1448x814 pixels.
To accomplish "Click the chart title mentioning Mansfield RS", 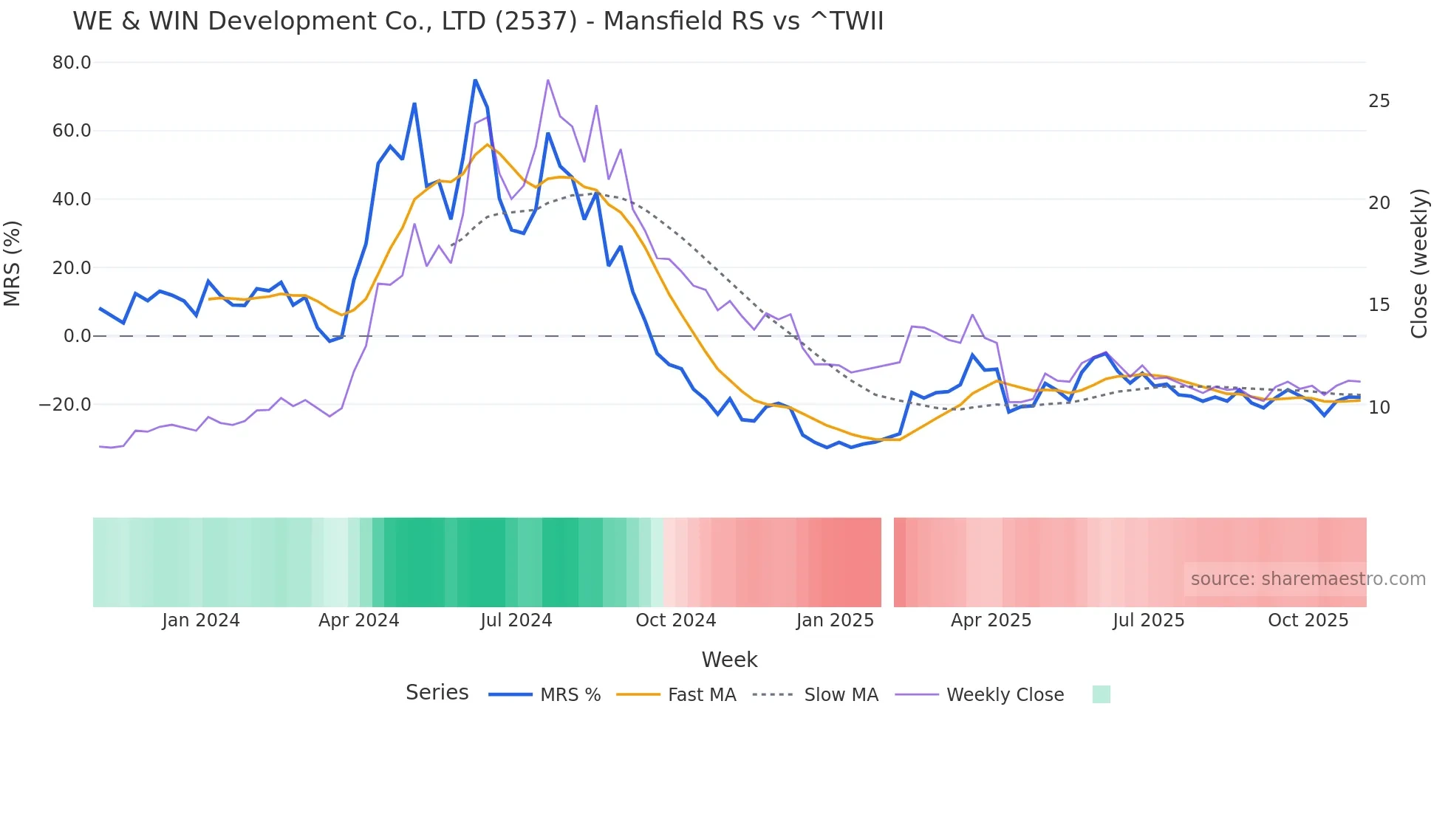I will click(478, 21).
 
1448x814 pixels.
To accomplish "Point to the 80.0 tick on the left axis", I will click(72, 63).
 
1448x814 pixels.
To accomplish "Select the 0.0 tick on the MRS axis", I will click(77, 336).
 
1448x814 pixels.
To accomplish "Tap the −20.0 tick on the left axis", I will click(65, 405).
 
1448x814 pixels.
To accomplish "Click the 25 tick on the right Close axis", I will click(1379, 101).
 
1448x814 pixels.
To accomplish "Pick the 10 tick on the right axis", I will click(1379, 408).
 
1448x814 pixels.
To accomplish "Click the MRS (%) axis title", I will click(13, 263).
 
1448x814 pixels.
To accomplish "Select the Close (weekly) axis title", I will click(1419, 264).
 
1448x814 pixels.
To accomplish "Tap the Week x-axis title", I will click(729, 660).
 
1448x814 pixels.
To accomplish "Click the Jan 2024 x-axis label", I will click(201, 620).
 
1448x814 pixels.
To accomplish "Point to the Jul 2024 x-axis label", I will click(516, 620).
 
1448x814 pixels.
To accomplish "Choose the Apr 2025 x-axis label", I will click(991, 620).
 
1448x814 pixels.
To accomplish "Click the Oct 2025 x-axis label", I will click(1308, 620).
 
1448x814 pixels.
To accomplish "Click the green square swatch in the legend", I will click(1101, 694).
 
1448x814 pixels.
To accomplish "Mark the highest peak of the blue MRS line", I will click(475, 80).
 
